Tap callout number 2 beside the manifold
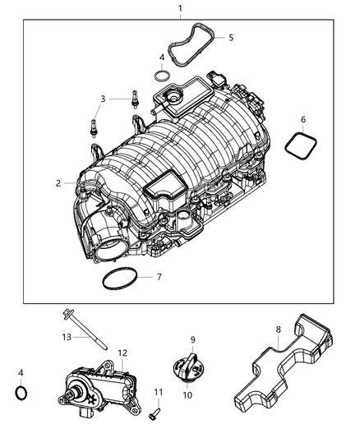point(58,183)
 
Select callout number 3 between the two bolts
point(102,99)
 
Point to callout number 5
point(230,38)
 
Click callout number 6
point(302,120)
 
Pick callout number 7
point(159,277)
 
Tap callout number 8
point(278,330)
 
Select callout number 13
point(44,337)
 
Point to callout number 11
point(159,393)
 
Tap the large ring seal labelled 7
point(120,279)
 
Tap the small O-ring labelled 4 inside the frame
point(163,76)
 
